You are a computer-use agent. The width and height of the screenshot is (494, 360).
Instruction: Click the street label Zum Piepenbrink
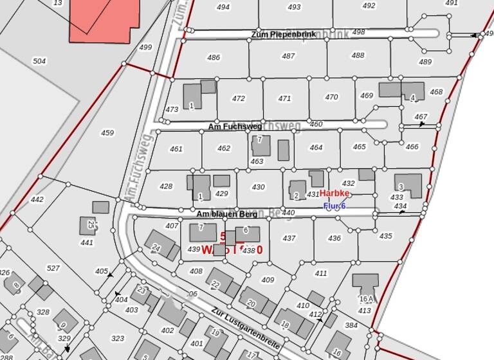pyautogui.click(x=283, y=34)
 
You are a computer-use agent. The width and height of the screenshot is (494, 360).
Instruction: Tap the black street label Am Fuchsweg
pyautogui.click(x=234, y=127)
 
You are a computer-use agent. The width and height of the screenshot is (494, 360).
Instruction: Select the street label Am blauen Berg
pyautogui.click(x=226, y=214)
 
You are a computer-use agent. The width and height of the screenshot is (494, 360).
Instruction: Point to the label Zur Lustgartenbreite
pyautogui.click(x=245, y=328)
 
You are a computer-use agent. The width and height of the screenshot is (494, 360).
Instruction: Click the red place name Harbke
pyautogui.click(x=334, y=194)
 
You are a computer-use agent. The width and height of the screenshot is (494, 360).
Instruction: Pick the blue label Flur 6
pyautogui.click(x=334, y=206)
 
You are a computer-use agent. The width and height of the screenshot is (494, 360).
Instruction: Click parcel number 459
pyautogui.click(x=107, y=133)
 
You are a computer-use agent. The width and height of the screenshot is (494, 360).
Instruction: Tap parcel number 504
pyautogui.click(x=39, y=61)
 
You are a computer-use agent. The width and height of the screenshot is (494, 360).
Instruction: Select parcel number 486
pyautogui.click(x=214, y=58)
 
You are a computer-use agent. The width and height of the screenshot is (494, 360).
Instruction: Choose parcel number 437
pyautogui.click(x=289, y=239)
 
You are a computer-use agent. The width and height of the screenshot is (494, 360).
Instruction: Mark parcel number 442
pyautogui.click(x=37, y=200)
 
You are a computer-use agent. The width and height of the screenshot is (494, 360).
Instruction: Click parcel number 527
pyautogui.click(x=53, y=268)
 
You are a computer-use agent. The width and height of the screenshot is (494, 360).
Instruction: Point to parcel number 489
pyautogui.click(x=425, y=62)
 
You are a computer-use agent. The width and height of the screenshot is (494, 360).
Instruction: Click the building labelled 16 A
pyautogui.click(x=365, y=286)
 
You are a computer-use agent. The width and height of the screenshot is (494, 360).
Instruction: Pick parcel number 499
pyautogui.click(x=145, y=48)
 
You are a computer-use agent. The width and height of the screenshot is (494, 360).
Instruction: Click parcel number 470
pyautogui.click(x=331, y=98)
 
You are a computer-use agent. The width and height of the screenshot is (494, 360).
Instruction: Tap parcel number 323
pyautogui.click(x=118, y=338)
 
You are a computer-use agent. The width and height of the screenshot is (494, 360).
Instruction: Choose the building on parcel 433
pyautogui.click(x=408, y=185)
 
